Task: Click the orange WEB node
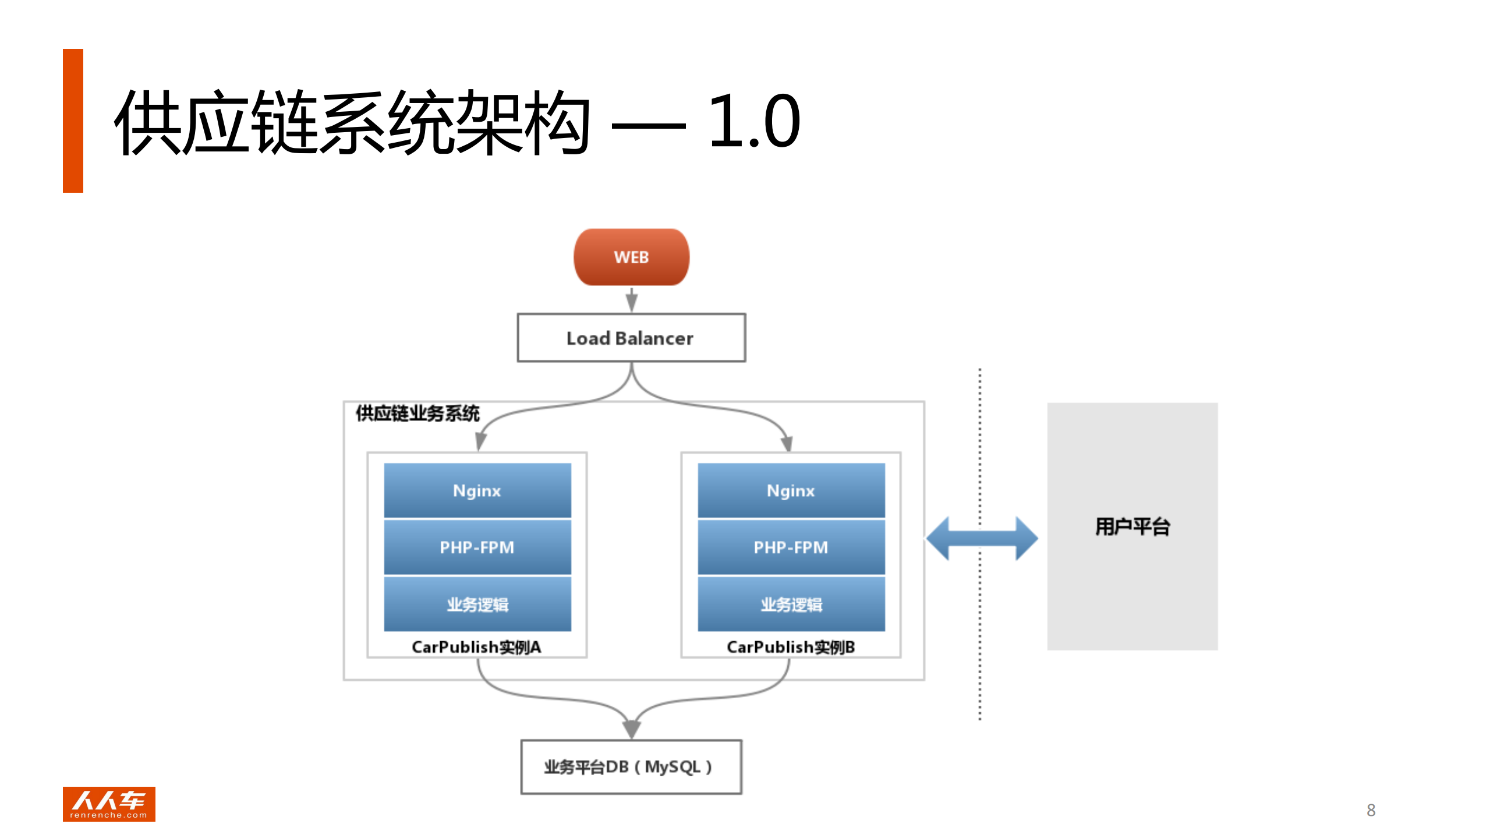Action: click(631, 257)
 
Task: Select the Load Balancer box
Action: click(631, 338)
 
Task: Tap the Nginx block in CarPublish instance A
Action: click(477, 490)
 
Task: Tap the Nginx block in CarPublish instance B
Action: click(791, 490)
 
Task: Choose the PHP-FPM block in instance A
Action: click(477, 547)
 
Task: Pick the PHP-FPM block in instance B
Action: click(791, 547)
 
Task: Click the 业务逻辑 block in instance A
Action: click(477, 604)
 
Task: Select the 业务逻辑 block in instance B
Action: click(791, 604)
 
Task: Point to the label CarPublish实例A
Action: click(476, 647)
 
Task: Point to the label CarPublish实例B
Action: click(791, 647)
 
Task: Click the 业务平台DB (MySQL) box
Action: click(631, 766)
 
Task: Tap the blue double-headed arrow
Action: click(982, 538)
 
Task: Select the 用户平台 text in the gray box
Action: click(1132, 526)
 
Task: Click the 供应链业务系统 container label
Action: click(417, 413)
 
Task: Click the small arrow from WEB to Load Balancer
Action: click(631, 300)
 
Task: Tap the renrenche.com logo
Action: click(109, 804)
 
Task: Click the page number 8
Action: click(1371, 810)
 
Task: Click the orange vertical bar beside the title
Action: click(73, 121)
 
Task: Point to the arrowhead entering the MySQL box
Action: click(631, 729)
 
